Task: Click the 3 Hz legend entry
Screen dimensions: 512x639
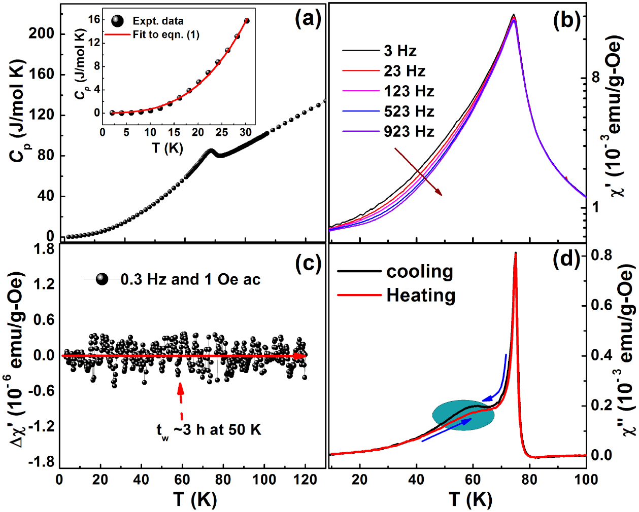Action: (x=400, y=51)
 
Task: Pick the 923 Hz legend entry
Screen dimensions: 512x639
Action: (x=409, y=132)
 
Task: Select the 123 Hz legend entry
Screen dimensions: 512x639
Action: (x=409, y=91)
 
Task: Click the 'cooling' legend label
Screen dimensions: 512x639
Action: (x=419, y=272)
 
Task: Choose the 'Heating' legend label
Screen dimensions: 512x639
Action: (x=421, y=295)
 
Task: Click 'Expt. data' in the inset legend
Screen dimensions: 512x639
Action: (x=158, y=21)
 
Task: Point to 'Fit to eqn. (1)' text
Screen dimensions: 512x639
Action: (x=166, y=35)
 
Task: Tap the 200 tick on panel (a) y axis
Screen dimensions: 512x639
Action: (x=41, y=33)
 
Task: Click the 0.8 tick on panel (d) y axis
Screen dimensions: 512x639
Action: (x=601, y=254)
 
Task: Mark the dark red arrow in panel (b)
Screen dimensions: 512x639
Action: (x=418, y=172)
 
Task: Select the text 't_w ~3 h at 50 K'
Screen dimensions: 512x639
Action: (x=209, y=430)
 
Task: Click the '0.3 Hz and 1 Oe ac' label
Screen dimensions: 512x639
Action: (x=190, y=280)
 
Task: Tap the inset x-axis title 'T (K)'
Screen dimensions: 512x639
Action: (x=167, y=148)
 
